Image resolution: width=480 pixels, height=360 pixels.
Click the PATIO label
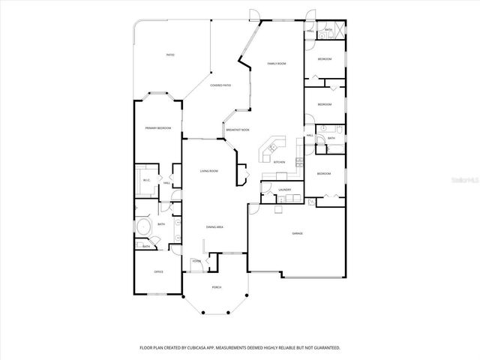(170, 55)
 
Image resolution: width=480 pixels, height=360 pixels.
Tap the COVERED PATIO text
(220, 85)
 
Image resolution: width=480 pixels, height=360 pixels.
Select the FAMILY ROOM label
(277, 64)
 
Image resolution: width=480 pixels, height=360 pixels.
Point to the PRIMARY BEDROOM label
(158, 128)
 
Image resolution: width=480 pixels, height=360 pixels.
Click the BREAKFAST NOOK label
(238, 130)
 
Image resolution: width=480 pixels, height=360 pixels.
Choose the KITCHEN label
(279, 162)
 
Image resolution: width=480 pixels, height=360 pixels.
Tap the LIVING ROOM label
(208, 171)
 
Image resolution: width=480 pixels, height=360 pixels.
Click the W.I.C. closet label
(147, 180)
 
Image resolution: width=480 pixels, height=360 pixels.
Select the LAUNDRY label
(284, 190)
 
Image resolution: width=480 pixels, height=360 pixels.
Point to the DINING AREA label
(215, 226)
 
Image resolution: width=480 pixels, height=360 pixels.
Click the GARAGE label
(297, 234)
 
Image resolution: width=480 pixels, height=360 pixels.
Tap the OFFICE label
(158, 271)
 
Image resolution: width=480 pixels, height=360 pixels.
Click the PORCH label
(216, 287)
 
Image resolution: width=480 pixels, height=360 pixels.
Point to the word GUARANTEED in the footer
(325, 347)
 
